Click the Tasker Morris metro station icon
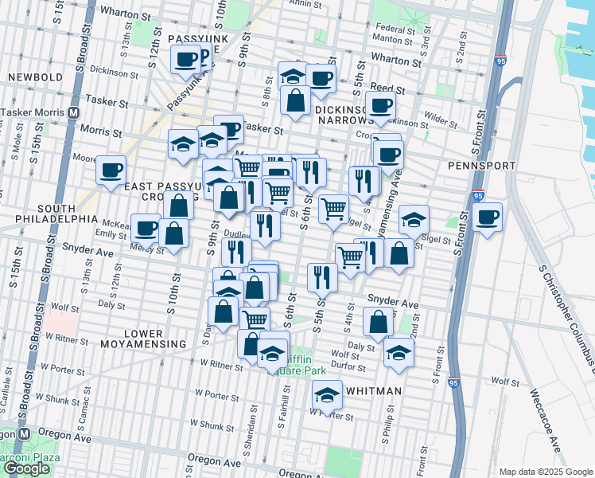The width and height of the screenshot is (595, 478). click(x=73, y=112)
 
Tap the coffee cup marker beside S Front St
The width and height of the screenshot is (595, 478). click(x=487, y=217)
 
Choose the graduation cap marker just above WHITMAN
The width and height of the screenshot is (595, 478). click(x=326, y=394)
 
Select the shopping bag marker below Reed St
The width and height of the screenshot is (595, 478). click(x=295, y=101)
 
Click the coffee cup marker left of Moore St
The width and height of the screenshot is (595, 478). click(x=111, y=169)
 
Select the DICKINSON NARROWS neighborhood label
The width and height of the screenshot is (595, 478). click(x=340, y=115)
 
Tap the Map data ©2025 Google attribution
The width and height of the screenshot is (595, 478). click(x=544, y=472)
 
